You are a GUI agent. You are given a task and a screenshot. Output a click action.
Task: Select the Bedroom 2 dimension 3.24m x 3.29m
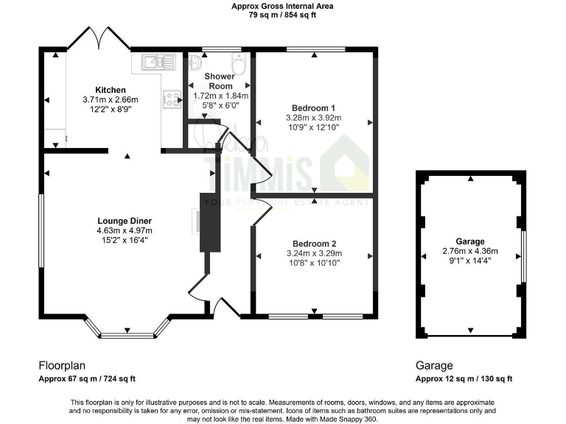(x=314, y=254)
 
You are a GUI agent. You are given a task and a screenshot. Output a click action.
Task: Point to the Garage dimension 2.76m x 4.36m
(x=469, y=250)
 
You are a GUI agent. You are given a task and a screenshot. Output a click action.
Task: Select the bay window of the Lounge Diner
(x=127, y=335)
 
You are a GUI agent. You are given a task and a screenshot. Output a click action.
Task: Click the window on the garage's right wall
(x=524, y=255)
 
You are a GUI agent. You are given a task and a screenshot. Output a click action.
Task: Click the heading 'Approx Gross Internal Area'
(x=282, y=6)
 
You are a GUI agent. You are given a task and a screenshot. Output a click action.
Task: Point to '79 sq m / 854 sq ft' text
(x=282, y=15)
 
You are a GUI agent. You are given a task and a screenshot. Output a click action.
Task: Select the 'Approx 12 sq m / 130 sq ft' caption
(x=464, y=378)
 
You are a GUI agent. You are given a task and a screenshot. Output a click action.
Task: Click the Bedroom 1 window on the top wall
(x=315, y=49)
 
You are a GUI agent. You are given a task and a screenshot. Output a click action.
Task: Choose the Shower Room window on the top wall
(x=216, y=49)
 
